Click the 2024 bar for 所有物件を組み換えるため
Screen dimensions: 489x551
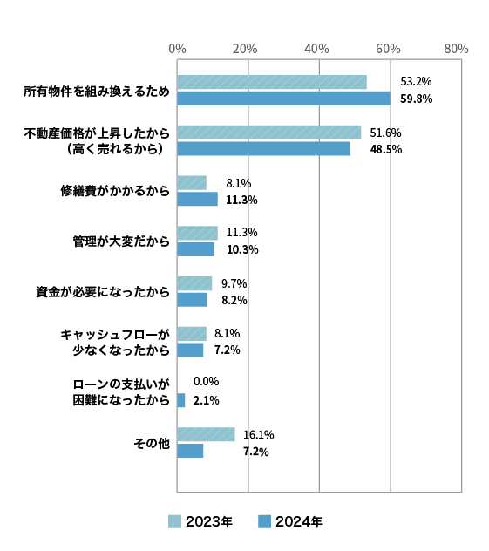pyautogui.click(x=284, y=99)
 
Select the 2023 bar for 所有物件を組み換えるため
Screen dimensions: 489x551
pyautogui.click(x=272, y=82)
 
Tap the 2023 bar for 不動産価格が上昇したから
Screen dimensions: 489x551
pyautogui.click(x=269, y=133)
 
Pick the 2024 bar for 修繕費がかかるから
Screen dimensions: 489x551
pyautogui.click(x=197, y=199)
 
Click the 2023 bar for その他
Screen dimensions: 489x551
pyautogui.click(x=207, y=434)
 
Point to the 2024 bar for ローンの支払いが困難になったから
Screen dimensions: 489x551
pyautogui.click(x=181, y=400)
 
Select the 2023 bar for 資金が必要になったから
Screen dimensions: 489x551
pyautogui.click(x=194, y=283)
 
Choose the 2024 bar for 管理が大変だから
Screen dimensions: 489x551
pyautogui.click(x=195, y=249)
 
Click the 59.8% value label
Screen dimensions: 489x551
pyautogui.click(x=417, y=99)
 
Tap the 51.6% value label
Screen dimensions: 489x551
pyautogui.click(x=385, y=133)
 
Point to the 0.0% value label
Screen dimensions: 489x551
pyautogui.click(x=207, y=381)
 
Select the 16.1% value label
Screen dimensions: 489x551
pyautogui.click(x=259, y=435)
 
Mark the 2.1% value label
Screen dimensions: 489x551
pyautogui.click(x=207, y=400)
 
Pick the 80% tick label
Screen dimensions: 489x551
pyautogui.click(x=456, y=49)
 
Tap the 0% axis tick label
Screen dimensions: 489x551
pyautogui.click(x=178, y=49)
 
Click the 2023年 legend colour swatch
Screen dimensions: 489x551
pyautogui.click(x=174, y=521)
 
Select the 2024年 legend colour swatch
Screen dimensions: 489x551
pyautogui.click(x=264, y=521)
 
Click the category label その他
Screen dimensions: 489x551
pyautogui.click(x=152, y=443)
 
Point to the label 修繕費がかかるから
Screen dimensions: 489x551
pyautogui.click(x=115, y=191)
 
